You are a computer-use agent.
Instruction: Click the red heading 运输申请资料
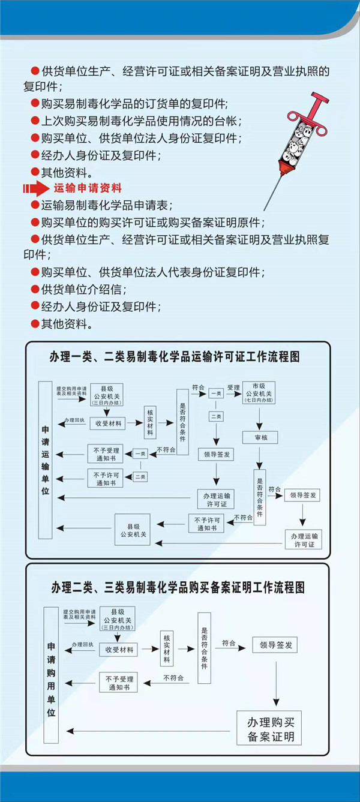[x=88, y=188]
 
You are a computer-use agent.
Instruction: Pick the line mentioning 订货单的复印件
[x=130, y=103]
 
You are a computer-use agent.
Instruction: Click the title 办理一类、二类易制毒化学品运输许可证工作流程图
[x=175, y=357]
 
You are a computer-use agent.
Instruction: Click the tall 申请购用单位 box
[x=52, y=671]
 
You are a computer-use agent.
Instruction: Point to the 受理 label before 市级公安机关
[x=233, y=388]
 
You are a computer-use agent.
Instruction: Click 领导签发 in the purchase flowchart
[x=275, y=645]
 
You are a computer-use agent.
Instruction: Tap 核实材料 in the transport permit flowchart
[x=150, y=423]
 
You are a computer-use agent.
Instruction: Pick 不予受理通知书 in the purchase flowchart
[x=118, y=682]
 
